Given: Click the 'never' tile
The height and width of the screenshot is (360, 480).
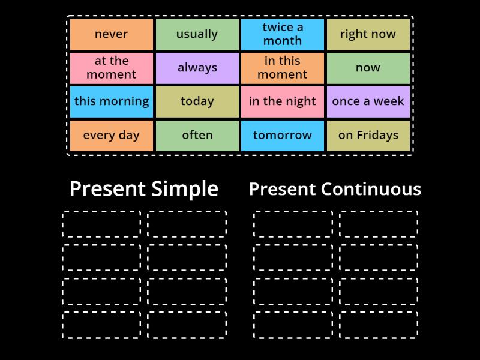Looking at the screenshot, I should [x=111, y=34].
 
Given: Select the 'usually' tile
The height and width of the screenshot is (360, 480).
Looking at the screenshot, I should [x=197, y=34].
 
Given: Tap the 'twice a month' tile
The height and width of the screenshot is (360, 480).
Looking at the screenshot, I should [x=283, y=34].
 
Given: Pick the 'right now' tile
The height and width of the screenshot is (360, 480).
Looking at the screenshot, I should [x=368, y=34].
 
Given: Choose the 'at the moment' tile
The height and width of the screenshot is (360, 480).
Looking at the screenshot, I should [x=111, y=68].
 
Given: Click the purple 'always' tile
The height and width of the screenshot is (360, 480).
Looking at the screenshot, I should [x=197, y=68].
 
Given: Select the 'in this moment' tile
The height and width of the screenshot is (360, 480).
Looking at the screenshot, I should [x=283, y=68].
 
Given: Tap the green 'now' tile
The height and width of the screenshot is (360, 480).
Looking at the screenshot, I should [x=368, y=68].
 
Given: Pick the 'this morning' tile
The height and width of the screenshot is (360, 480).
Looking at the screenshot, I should [x=111, y=101].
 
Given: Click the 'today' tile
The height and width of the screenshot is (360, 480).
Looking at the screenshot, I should [x=197, y=101].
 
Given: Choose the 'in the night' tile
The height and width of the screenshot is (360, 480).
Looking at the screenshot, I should [x=283, y=101].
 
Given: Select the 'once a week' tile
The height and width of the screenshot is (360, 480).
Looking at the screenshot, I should [x=368, y=101].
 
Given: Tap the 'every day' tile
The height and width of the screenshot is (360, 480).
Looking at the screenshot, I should [x=111, y=135].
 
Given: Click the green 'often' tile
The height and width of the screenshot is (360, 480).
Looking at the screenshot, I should [x=197, y=135].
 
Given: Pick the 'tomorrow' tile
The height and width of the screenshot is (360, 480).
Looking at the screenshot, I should [x=283, y=135].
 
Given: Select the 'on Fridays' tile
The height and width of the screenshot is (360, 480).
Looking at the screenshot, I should [x=368, y=135].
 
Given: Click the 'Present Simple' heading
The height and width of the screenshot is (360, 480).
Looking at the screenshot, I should [x=144, y=189].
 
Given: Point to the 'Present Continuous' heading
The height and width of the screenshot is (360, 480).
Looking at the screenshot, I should [x=335, y=189].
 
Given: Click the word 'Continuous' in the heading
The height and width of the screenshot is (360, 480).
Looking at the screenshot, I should [x=371, y=189].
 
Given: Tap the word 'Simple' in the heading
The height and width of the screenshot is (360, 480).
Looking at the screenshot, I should [x=185, y=189].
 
